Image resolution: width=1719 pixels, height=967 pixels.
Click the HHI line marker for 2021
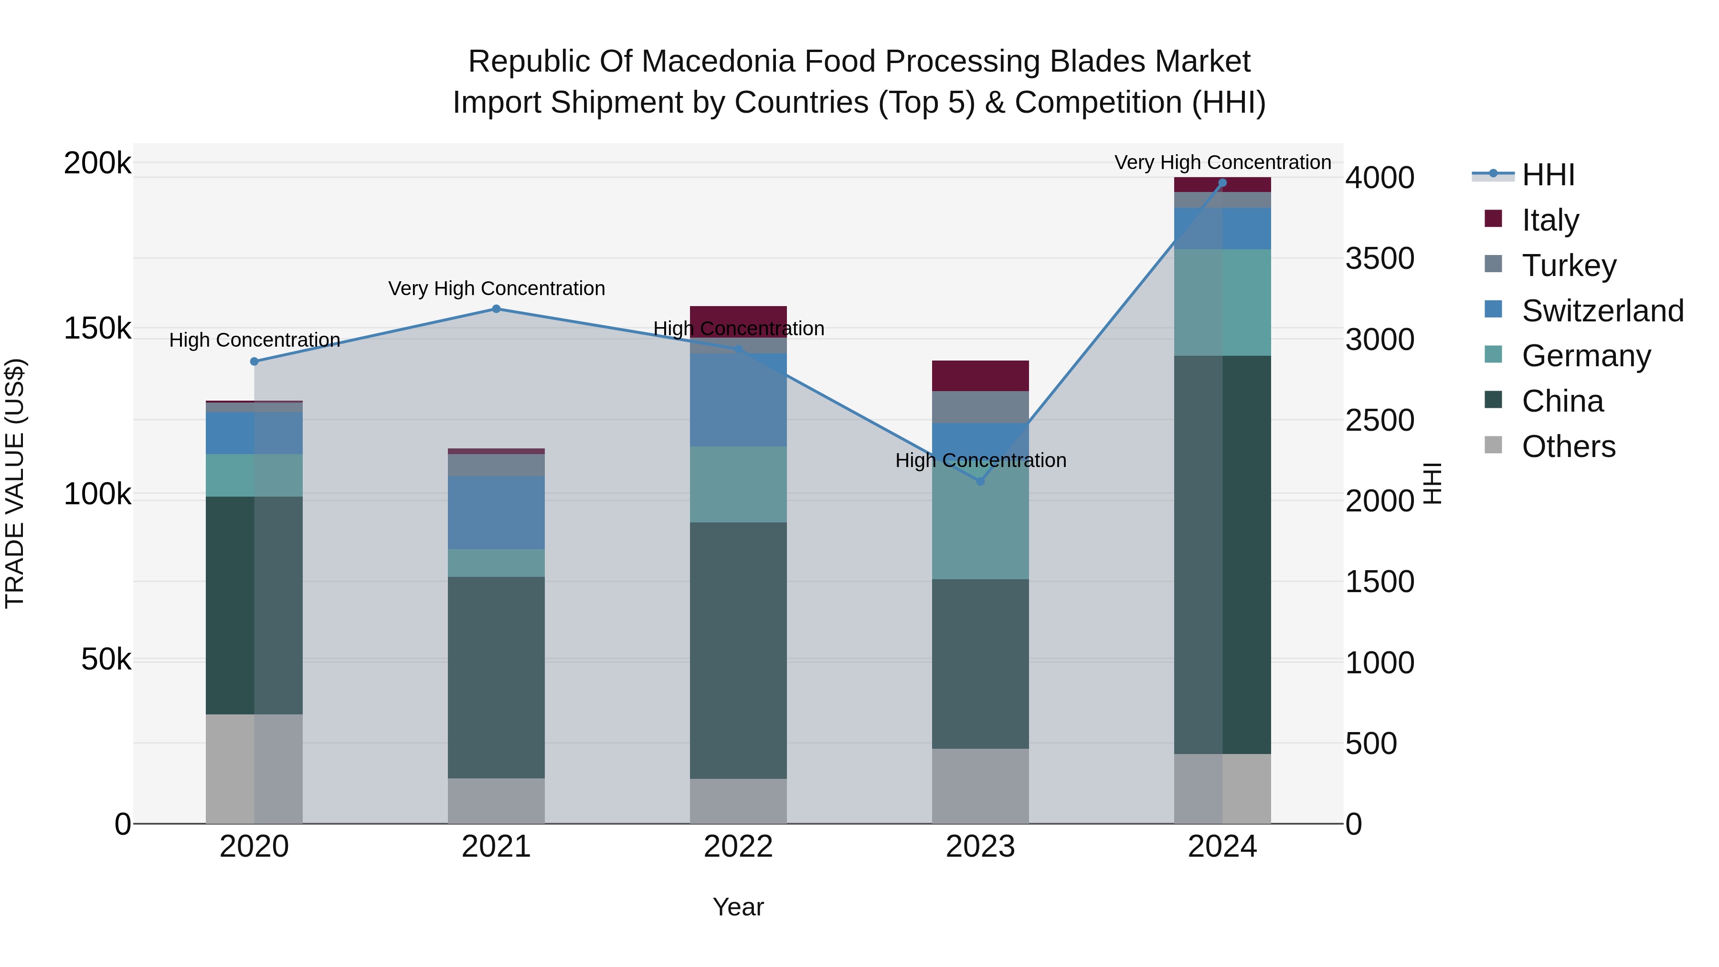coord(496,309)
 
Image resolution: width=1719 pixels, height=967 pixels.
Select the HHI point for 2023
coord(980,481)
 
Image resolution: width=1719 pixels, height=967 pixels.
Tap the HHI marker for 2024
coord(1222,183)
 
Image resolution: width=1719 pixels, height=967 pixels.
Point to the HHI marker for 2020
coord(254,361)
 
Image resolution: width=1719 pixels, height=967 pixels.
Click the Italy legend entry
coord(1550,220)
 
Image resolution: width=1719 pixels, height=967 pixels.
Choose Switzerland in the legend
coord(1602,310)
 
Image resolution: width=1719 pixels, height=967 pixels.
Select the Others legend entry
coord(1568,446)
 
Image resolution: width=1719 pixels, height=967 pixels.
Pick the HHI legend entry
coord(1548,175)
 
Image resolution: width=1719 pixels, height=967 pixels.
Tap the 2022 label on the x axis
coord(738,847)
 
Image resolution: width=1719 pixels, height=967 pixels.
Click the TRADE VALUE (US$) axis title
coord(15,483)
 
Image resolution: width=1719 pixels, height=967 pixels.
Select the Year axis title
coord(738,907)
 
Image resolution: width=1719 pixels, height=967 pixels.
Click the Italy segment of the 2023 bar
coord(980,376)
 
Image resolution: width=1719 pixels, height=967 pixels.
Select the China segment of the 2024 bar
coord(1222,554)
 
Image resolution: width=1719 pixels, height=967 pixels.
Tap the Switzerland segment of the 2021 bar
coord(496,512)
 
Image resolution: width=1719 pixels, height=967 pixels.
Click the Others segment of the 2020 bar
coord(254,769)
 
